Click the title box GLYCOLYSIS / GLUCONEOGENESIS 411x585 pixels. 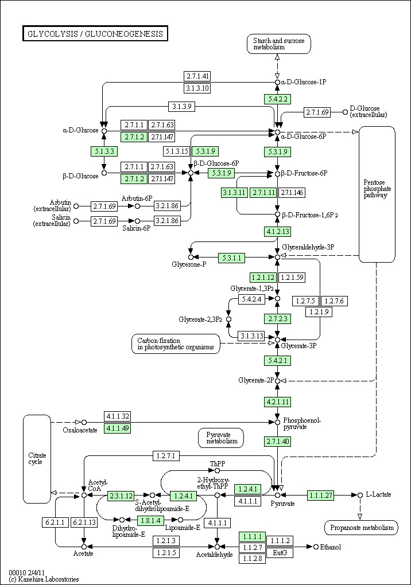[95, 34]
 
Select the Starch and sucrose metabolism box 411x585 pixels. [278, 44]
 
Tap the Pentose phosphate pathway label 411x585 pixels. [377, 189]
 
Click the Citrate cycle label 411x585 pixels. [37, 458]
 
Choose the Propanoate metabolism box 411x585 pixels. [362, 528]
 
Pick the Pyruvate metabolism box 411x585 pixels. [221, 438]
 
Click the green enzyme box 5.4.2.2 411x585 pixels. [277, 99]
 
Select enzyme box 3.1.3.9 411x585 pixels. [181, 106]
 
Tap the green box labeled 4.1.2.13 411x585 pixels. [277, 231]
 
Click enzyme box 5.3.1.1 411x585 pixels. [232, 258]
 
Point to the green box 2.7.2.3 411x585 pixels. [277, 319]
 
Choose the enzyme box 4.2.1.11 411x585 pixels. [277, 402]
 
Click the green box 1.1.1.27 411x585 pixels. [320, 496]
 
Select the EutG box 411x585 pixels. [280, 552]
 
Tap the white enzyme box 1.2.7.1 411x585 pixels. [166, 455]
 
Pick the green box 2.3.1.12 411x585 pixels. [121, 496]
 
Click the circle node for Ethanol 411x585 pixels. [316, 547]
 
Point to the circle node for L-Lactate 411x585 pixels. [360, 495]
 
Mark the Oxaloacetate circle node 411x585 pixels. [84, 422]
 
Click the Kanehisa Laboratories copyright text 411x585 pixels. [44, 579]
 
